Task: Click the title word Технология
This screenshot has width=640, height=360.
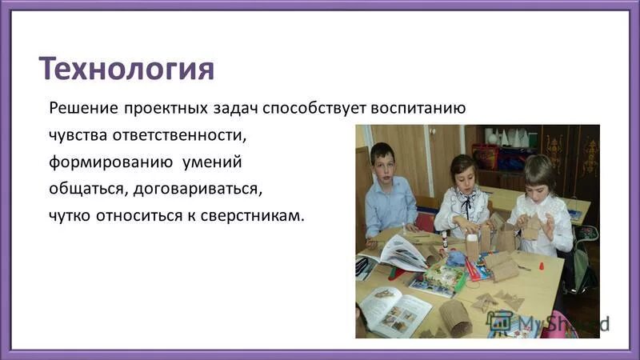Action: point(127,69)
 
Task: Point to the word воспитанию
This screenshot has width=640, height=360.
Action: point(414,108)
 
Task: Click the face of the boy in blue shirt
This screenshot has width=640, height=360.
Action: point(382,163)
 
